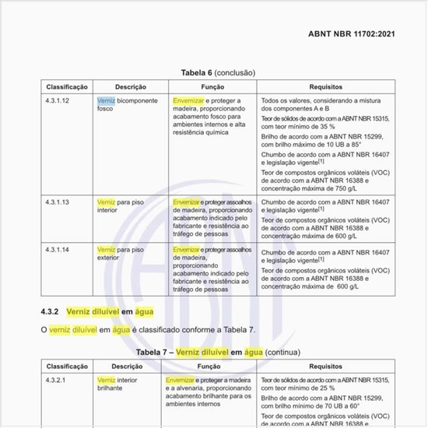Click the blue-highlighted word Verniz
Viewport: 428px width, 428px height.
[106, 101]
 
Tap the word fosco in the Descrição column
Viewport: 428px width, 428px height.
[105, 109]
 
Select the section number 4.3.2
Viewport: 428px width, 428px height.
[51, 310]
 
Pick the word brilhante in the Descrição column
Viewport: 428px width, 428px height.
[110, 388]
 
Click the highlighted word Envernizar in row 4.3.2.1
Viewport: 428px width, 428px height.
[179, 381]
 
